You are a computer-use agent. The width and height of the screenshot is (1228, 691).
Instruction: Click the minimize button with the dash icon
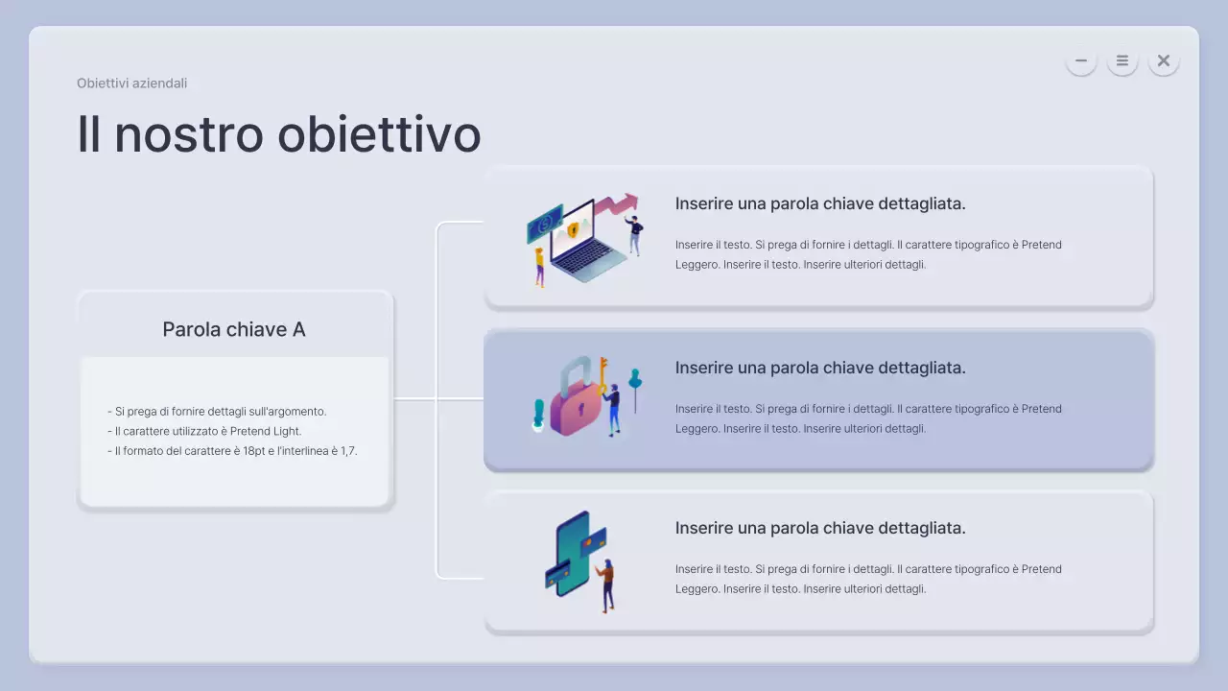[x=1081, y=60]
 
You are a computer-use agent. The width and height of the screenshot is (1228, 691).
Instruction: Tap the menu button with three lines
[x=1122, y=60]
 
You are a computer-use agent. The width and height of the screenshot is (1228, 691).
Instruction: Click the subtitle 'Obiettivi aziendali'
[x=131, y=83]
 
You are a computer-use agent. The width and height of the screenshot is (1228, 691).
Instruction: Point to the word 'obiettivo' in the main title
[x=379, y=133]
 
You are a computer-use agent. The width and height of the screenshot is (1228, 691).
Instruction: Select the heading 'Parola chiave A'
[x=234, y=329]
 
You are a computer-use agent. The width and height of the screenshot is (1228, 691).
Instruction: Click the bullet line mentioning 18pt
[x=232, y=450]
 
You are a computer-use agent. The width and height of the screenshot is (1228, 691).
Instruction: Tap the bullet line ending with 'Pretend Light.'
[x=204, y=431]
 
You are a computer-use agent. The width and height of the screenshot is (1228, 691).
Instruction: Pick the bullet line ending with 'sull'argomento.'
[x=217, y=411]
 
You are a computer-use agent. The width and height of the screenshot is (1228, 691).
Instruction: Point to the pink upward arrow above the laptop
[x=617, y=203]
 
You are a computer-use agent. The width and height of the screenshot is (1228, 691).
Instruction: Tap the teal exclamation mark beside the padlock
[x=539, y=415]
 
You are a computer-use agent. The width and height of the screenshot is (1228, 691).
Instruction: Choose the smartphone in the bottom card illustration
[x=573, y=554]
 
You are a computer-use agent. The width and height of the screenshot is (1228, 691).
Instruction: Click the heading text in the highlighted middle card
[x=820, y=368]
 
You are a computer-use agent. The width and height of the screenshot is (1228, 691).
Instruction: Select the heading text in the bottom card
[x=820, y=528]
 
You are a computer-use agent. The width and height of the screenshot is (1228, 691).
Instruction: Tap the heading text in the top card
[x=820, y=203]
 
